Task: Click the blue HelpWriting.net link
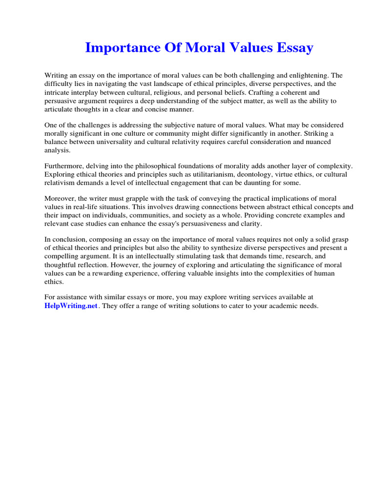coord(71,306)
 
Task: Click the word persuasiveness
coord(215,224)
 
